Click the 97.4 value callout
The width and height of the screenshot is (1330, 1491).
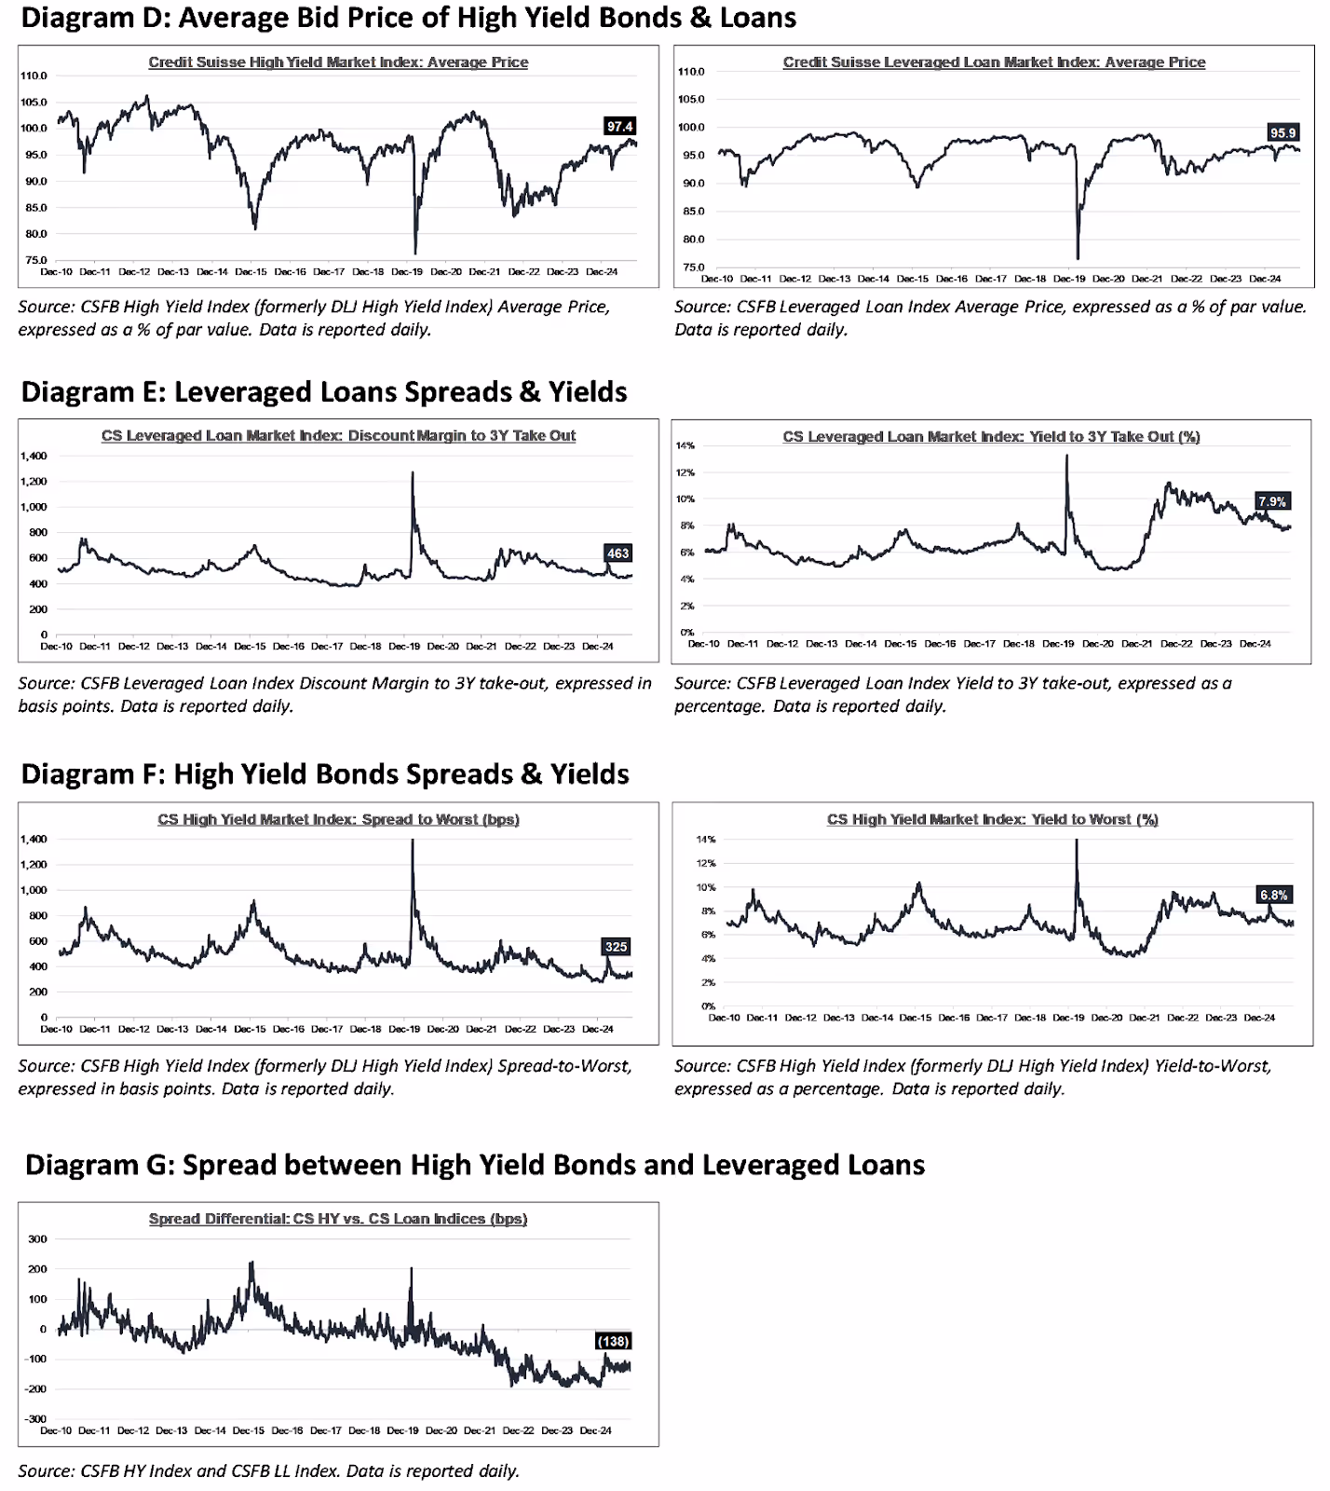(x=619, y=126)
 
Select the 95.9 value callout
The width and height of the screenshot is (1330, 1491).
(x=1282, y=132)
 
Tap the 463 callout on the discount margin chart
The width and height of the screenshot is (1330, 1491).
(x=617, y=553)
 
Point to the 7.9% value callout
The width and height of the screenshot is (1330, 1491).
(x=1271, y=501)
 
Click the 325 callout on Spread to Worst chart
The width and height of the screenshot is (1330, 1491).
(x=616, y=946)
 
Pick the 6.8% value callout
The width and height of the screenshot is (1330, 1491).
(x=1273, y=895)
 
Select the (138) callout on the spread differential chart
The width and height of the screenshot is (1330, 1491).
(x=613, y=1341)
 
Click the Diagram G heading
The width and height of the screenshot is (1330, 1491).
(x=474, y=1165)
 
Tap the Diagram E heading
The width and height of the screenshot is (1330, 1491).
(x=323, y=391)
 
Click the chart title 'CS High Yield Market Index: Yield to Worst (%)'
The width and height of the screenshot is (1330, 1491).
(x=992, y=819)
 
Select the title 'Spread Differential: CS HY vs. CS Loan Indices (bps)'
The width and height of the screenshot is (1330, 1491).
(x=337, y=1219)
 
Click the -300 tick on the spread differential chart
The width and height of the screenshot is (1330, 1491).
(x=35, y=1418)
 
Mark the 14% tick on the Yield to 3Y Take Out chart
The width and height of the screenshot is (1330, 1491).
(x=685, y=445)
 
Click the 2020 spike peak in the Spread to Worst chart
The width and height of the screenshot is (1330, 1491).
(x=413, y=841)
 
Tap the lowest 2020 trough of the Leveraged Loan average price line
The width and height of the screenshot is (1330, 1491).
(x=1078, y=258)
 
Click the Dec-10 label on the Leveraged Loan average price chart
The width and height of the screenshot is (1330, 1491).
(x=716, y=278)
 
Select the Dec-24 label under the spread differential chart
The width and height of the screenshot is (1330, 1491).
(x=595, y=1430)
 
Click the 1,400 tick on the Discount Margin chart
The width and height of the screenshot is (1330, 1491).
(x=33, y=456)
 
